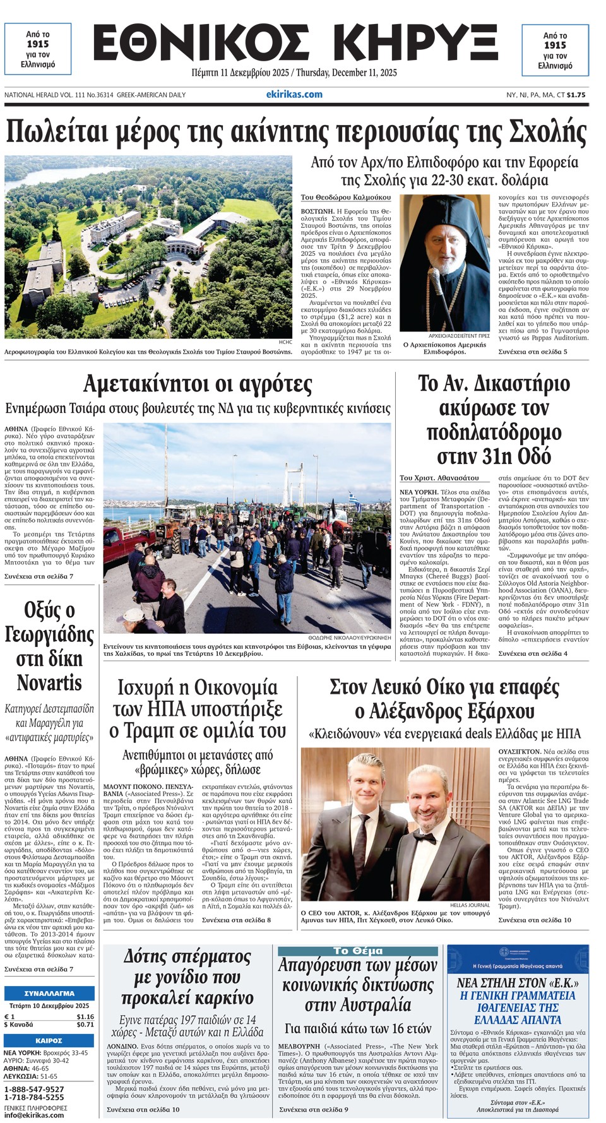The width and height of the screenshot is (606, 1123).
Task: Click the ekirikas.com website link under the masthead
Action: click(294, 95)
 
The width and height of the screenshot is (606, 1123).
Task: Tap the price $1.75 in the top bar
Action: click(576, 95)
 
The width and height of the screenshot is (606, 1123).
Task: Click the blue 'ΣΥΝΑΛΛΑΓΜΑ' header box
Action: click(49, 993)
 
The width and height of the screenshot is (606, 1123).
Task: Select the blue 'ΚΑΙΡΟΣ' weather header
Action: click(49, 1040)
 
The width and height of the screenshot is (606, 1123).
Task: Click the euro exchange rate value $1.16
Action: click(85, 1017)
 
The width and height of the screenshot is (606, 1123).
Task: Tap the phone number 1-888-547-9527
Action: click(34, 1090)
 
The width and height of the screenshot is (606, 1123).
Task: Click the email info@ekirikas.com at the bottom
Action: click(34, 1115)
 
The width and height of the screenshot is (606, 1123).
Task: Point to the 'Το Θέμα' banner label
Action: click(357, 951)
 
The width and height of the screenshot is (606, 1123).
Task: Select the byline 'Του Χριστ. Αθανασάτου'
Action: click(439, 478)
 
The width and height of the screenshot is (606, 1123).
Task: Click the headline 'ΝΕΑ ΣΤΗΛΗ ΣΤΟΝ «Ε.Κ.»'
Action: click(518, 982)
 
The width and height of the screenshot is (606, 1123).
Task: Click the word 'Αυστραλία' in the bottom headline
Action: click(357, 1004)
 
